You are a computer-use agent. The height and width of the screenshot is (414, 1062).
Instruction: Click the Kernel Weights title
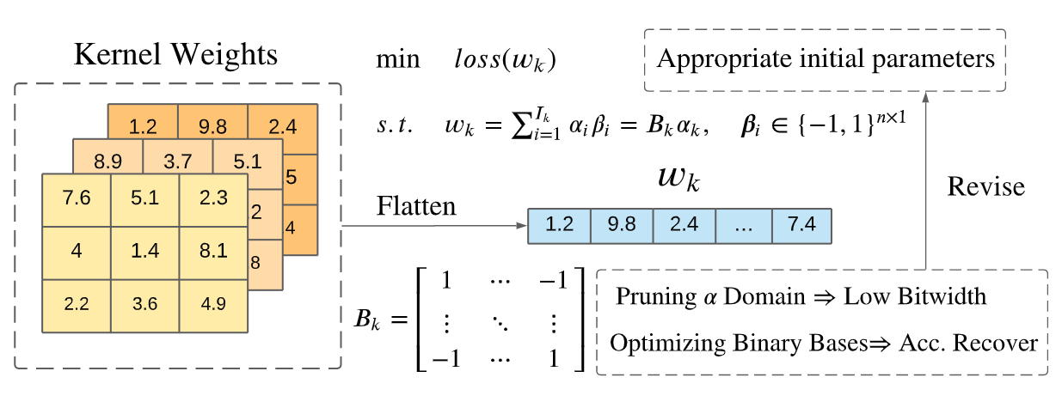177,56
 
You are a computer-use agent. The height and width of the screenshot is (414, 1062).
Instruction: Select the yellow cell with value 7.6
77,199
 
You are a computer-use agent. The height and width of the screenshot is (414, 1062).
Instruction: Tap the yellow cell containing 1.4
144,253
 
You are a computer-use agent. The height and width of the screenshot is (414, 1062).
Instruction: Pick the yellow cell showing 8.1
213,253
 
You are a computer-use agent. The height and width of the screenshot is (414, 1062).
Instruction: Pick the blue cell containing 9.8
621,225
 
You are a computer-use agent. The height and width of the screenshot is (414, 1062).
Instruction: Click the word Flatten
416,207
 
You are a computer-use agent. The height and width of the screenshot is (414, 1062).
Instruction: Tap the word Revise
985,187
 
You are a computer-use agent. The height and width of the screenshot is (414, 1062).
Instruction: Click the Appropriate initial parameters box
825,59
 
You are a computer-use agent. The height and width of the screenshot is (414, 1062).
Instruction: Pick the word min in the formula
397,60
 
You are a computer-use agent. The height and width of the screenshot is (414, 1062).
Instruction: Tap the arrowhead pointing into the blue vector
521,227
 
